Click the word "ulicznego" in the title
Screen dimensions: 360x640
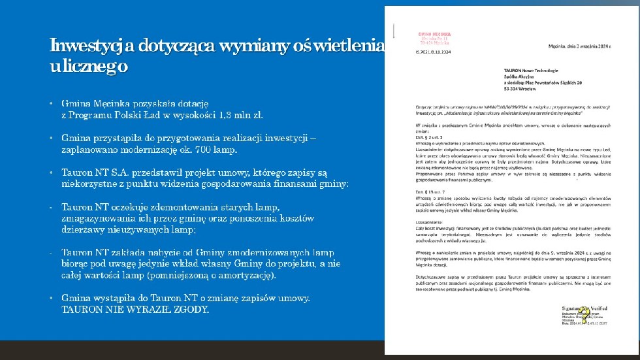click(x=89, y=67)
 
